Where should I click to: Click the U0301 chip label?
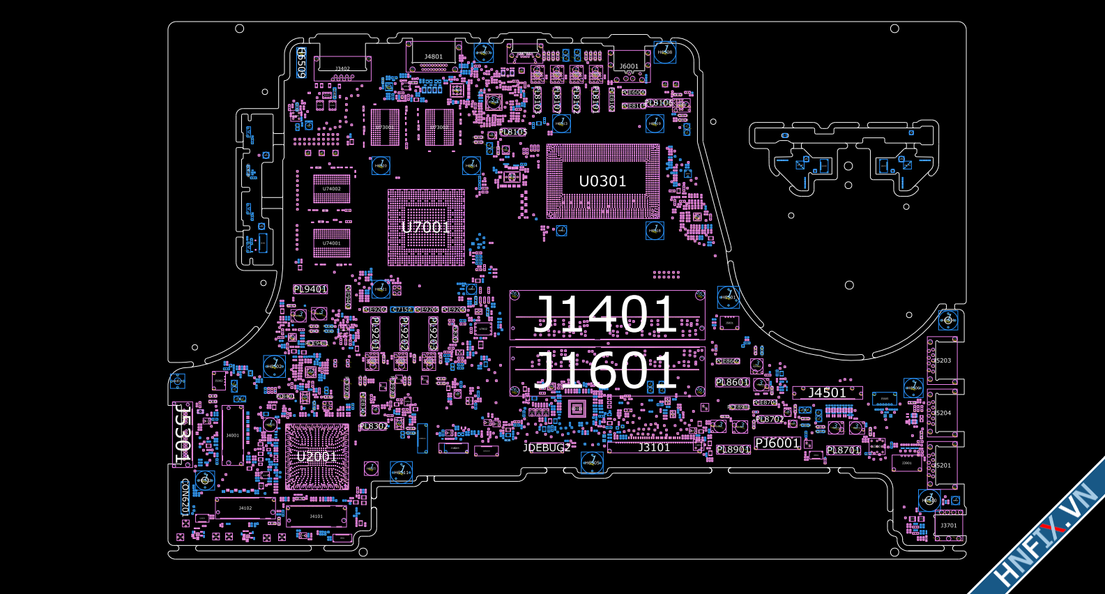[602, 181]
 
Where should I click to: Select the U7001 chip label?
[426, 227]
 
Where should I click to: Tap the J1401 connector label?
[605, 315]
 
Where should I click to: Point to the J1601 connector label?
[605, 370]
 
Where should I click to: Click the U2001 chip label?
[317, 457]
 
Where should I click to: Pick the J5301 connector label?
[182, 434]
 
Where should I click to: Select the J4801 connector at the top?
[434, 56]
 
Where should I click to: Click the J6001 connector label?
[629, 66]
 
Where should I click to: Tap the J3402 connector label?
[342, 69]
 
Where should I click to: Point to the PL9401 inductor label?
[310, 289]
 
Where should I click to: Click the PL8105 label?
[513, 132]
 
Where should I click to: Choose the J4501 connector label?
[827, 393]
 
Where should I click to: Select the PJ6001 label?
[777, 443]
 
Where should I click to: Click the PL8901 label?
[733, 450]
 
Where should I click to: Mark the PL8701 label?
[844, 450]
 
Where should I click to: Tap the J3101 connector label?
[654, 448]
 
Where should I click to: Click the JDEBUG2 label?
[547, 448]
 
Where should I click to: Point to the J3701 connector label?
[949, 526]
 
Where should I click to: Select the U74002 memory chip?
[332, 189]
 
